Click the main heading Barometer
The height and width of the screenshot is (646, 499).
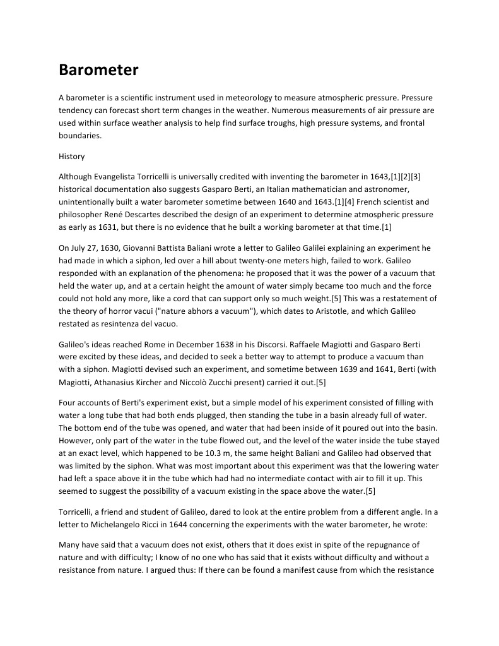click(x=98, y=70)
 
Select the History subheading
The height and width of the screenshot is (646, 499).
click(x=71, y=156)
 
